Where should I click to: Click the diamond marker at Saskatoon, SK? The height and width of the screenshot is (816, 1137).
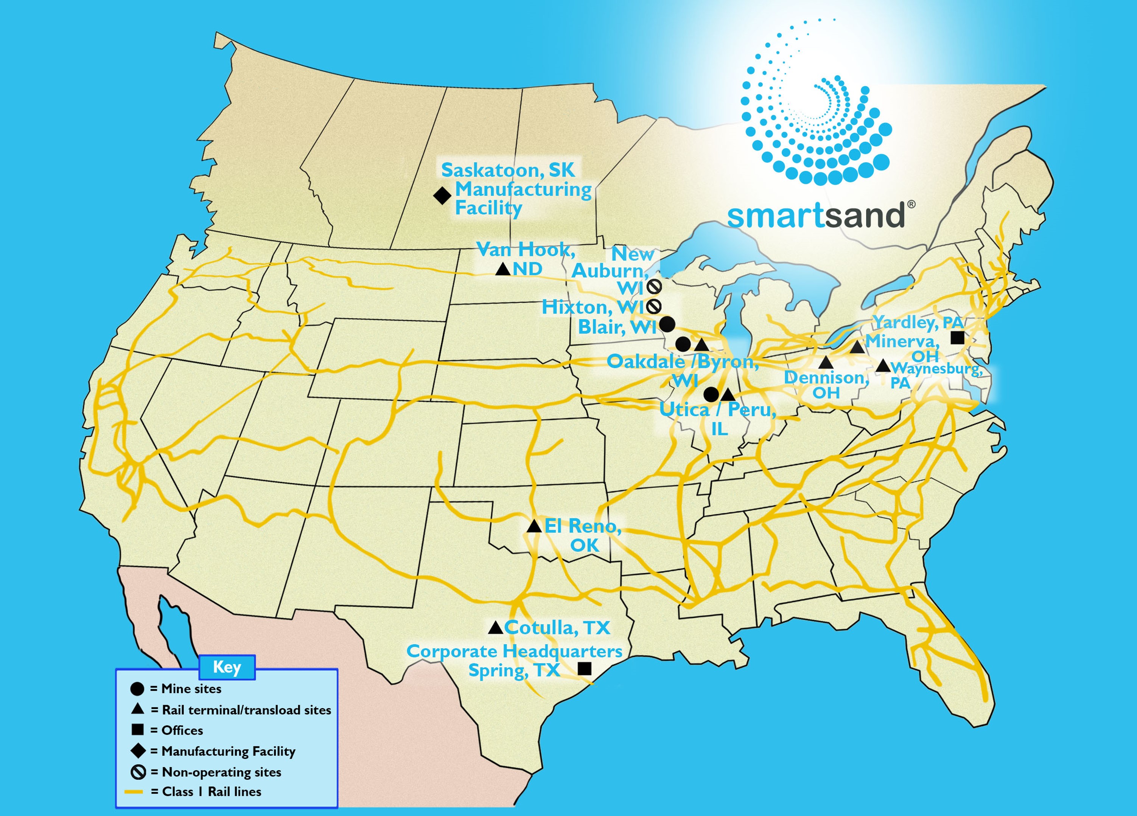[x=442, y=196]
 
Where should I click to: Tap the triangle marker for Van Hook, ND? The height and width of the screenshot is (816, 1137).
[x=503, y=270]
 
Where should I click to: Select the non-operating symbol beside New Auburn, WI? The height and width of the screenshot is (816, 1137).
[x=654, y=287]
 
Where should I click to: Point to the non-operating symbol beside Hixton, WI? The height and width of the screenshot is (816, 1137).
[x=654, y=306]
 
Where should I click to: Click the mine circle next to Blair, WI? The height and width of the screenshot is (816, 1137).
[x=667, y=324]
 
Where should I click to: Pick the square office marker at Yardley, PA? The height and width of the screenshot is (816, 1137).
[x=957, y=338]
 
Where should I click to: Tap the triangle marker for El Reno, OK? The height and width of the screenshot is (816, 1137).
[x=534, y=526]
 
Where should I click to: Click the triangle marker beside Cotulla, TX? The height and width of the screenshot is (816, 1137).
[x=495, y=628]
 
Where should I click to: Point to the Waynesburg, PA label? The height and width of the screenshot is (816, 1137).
[x=935, y=375]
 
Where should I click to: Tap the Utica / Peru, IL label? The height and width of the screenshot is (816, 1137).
[x=718, y=418]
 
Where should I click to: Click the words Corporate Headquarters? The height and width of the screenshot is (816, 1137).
[x=514, y=651]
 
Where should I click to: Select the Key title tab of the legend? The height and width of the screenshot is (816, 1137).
[x=227, y=667]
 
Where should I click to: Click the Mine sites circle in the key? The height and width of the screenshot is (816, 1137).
[x=137, y=689]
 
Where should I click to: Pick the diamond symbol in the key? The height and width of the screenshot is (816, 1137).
[x=138, y=751]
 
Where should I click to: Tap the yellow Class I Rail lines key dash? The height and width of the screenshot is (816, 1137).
[x=134, y=792]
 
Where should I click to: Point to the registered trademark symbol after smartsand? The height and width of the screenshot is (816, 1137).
[x=911, y=204]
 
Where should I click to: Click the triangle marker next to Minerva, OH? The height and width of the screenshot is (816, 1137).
[x=857, y=347]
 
